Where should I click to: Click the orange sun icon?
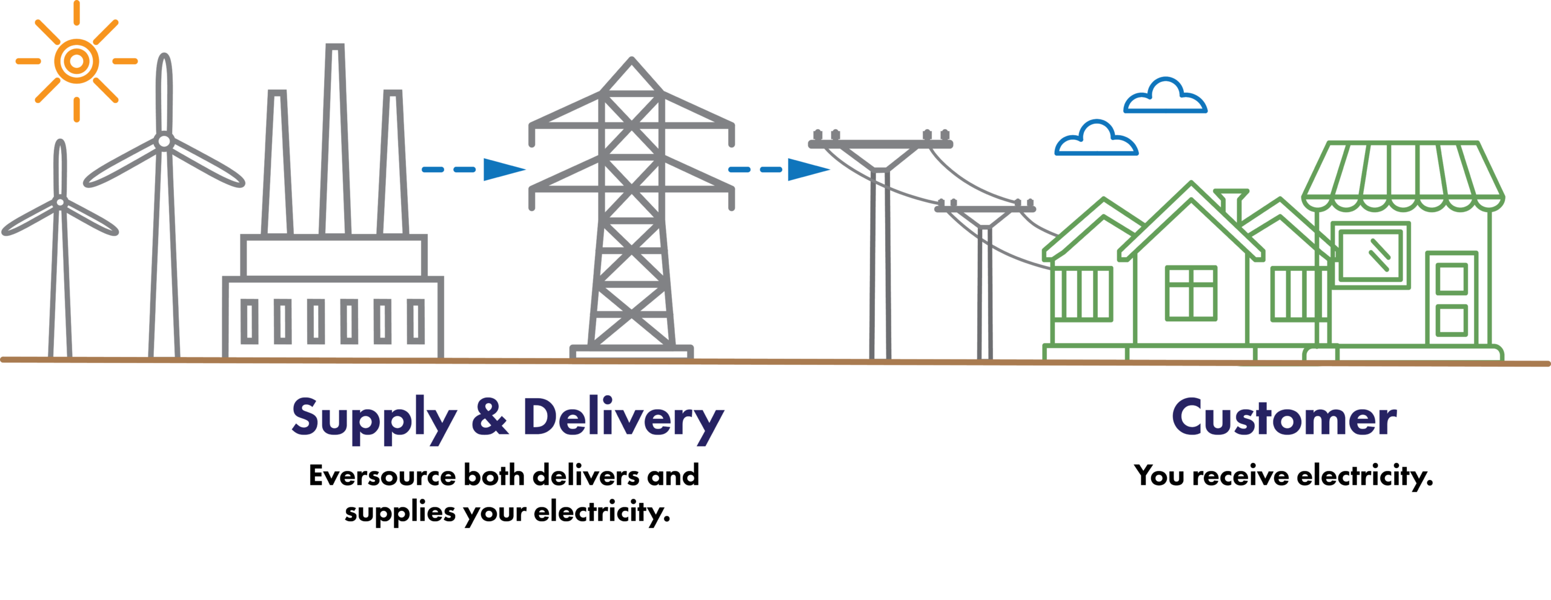(76, 61)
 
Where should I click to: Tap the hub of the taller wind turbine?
(164, 141)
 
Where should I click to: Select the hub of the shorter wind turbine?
(60, 202)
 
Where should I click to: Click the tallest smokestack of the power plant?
(335, 139)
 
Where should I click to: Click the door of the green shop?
(1452, 298)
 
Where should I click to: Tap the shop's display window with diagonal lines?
(1371, 255)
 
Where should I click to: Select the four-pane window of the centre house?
(1191, 293)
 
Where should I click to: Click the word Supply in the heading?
(374, 419)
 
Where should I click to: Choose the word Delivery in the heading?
(623, 419)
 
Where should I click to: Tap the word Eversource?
(382, 475)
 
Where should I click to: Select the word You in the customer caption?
(1159, 475)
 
